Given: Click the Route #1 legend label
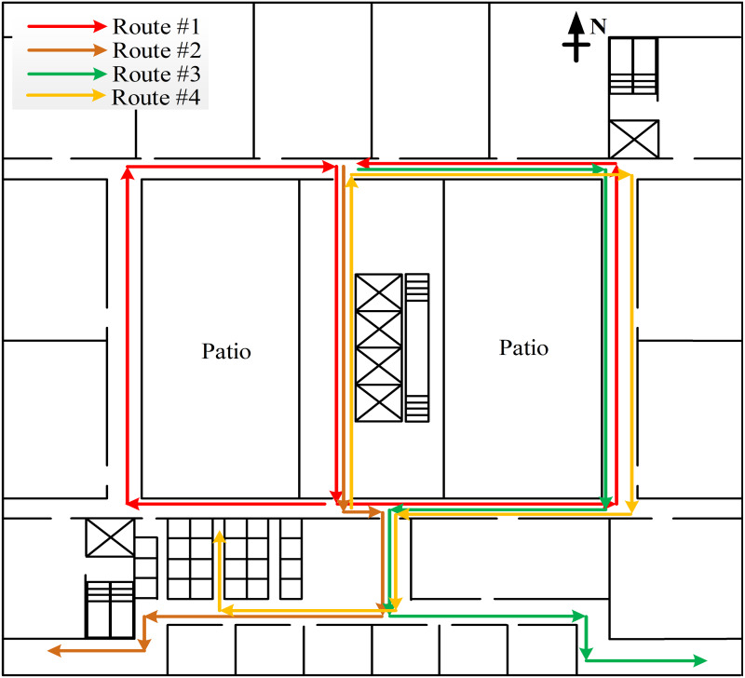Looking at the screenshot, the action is coord(152,26).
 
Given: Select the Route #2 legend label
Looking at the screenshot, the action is coord(152,49).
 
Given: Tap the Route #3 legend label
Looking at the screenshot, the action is coord(152,73).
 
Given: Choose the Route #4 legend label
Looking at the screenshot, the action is coord(152,96).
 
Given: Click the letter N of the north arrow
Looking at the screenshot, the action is coord(598,26).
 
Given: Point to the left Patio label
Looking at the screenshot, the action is coord(227,352).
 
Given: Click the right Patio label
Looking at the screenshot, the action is coord(523,348).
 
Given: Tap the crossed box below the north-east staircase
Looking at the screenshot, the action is coord(633,139).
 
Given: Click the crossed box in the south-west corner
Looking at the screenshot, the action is coord(110,537).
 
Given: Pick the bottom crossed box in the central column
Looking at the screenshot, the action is coord(378,402).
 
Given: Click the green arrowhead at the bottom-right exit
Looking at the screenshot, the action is coord(699,660).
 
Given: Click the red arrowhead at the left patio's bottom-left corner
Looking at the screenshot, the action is coord(132,504).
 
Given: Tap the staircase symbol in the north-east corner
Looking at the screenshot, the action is coord(633,66).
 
